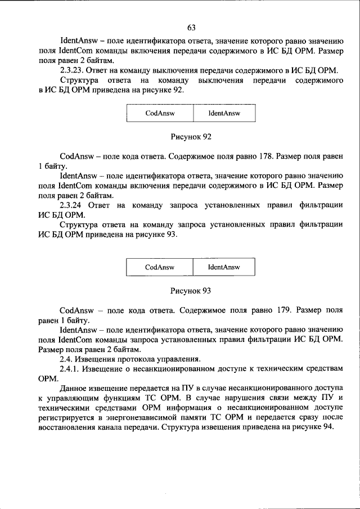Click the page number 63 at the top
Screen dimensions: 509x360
click(191, 28)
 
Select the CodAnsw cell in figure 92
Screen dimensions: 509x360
click(159, 113)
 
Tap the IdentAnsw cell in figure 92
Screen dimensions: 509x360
click(224, 113)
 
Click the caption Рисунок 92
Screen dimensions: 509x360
click(191, 137)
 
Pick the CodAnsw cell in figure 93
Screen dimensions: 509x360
click(159, 267)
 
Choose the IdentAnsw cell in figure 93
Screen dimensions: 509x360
click(224, 267)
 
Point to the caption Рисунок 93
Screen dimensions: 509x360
click(191, 291)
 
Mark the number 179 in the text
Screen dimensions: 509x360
click(280, 309)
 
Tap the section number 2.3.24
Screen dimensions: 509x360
click(73, 206)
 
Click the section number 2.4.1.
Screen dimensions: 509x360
click(70, 368)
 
